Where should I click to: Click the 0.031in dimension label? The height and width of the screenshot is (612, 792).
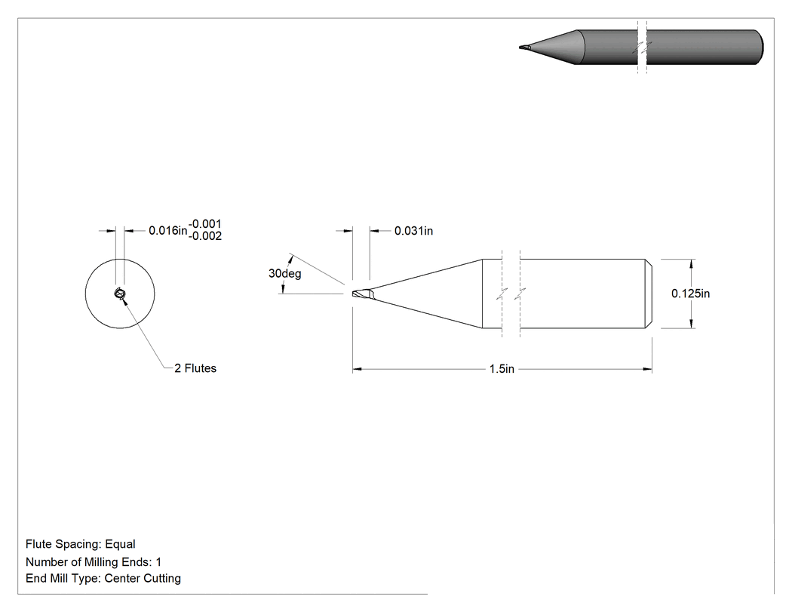point(413,231)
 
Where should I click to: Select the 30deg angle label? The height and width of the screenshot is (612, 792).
point(284,273)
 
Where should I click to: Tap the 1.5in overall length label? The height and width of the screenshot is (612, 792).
point(502,369)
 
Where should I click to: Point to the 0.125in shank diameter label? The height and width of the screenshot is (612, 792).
point(690,294)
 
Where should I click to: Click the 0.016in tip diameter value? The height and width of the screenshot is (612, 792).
point(167,231)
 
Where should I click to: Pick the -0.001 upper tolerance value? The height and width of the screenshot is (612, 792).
point(205,224)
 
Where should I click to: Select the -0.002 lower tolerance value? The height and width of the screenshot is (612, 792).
point(205,236)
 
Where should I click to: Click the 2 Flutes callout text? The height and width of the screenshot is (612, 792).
point(195,368)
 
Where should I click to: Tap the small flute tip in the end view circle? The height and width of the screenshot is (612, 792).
point(120,294)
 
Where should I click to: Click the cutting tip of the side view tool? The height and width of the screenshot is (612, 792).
point(354,294)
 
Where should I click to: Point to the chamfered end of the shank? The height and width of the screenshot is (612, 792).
point(649,294)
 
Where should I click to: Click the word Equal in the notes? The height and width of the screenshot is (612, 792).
point(120,544)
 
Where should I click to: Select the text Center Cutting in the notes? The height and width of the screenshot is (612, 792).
point(143,579)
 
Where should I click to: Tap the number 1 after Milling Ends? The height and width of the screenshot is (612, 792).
point(158,562)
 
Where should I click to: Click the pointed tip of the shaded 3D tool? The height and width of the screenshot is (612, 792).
point(520,48)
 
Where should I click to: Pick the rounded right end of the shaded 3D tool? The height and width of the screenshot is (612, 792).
point(759,48)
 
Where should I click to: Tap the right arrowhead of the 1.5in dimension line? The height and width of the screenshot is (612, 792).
point(647,370)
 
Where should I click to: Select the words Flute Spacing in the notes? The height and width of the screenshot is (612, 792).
point(63,544)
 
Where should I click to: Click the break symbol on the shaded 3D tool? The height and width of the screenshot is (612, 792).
point(642,48)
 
